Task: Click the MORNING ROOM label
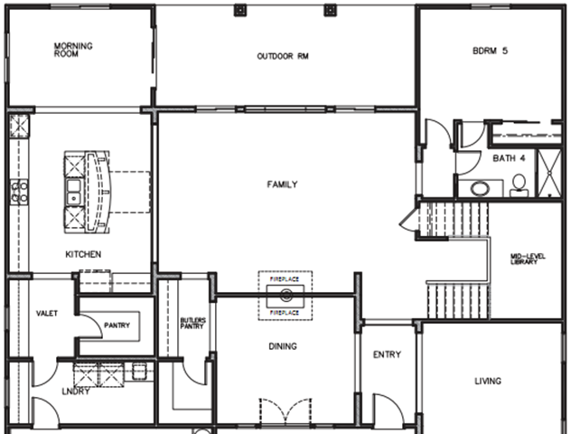click(73, 50)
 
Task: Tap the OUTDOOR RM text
click(283, 56)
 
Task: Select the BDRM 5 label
click(491, 51)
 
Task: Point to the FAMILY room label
click(282, 184)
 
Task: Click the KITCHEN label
click(83, 254)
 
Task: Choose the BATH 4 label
click(509, 158)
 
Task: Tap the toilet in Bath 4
click(519, 185)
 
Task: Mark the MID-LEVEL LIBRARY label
click(528, 259)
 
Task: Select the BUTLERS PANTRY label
click(193, 323)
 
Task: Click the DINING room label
click(283, 346)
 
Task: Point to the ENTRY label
click(387, 354)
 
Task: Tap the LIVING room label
click(488, 382)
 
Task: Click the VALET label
click(47, 314)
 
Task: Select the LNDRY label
click(76, 392)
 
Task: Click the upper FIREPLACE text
click(285, 279)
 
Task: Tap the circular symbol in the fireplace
click(286, 295)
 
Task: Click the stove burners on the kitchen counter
click(19, 192)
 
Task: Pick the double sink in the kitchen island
click(74, 192)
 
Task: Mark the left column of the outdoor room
click(240, 10)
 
